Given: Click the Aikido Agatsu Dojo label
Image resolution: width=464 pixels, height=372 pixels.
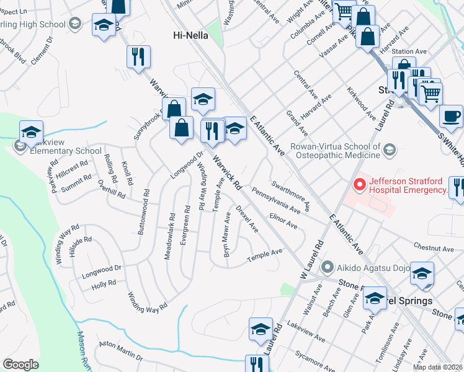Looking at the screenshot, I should click(x=371, y=268).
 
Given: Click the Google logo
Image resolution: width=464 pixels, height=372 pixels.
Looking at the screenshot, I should click(x=20, y=365).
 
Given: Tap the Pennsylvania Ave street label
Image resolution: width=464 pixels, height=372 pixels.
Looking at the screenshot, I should click(x=276, y=198).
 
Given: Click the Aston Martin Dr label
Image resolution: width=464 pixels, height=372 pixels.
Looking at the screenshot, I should click(x=120, y=354).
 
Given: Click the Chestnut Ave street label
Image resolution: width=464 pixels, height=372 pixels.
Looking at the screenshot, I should click(x=434, y=249).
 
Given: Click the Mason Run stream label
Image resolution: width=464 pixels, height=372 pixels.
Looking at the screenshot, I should click(x=83, y=350).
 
